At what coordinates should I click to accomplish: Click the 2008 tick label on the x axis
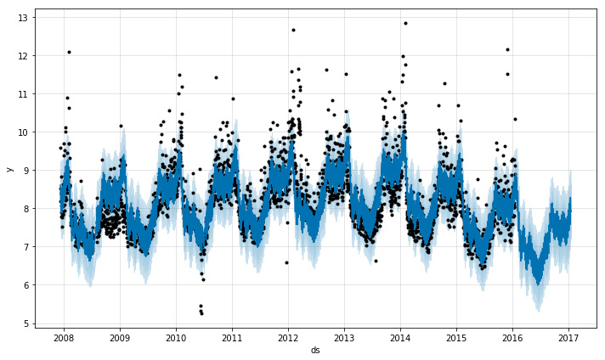pyautogui.click(x=64, y=337)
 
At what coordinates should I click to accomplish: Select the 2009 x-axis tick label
pyautogui.click(x=120, y=337)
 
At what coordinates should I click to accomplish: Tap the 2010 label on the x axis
pyautogui.click(x=176, y=337)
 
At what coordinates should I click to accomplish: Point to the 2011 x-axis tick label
pyautogui.click(x=232, y=337)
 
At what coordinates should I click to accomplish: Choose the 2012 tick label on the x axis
pyautogui.click(x=288, y=337)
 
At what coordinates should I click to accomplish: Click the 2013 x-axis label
pyautogui.click(x=344, y=337)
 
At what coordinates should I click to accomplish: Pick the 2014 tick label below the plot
pyautogui.click(x=400, y=337)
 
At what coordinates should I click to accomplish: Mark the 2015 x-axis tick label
pyautogui.click(x=456, y=337)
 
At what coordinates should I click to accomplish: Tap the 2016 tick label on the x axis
pyautogui.click(x=512, y=337)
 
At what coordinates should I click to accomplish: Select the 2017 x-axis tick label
pyautogui.click(x=568, y=337)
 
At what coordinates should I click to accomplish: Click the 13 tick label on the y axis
pyautogui.click(x=25, y=18)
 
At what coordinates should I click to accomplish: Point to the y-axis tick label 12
pyautogui.click(x=25, y=56)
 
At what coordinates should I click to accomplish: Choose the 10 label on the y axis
pyautogui.click(x=25, y=132)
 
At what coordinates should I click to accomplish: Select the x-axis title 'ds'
pyautogui.click(x=315, y=350)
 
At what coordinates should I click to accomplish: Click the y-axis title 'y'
pyautogui.click(x=9, y=168)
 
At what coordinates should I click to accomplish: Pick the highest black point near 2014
pyautogui.click(x=405, y=23)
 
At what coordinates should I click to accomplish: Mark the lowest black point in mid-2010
pyautogui.click(x=201, y=313)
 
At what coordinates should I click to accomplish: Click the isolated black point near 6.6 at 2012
pyautogui.click(x=286, y=262)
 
